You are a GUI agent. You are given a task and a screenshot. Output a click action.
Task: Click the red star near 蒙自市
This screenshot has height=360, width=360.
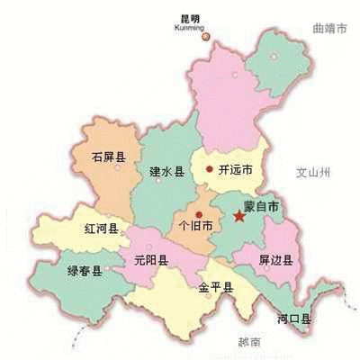pos(239,216)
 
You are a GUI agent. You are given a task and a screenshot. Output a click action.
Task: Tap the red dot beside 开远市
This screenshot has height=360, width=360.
pos(209,168)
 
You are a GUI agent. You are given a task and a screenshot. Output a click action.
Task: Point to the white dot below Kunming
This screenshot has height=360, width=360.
pos(203,36)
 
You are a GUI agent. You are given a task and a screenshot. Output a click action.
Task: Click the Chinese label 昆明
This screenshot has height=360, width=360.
pos(191,18)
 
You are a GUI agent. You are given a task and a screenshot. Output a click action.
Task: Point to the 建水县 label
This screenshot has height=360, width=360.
pos(166,170)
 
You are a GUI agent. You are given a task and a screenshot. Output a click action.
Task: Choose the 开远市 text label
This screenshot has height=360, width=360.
pos(234,169)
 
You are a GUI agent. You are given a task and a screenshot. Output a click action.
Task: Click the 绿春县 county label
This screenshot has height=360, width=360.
pos(85,270)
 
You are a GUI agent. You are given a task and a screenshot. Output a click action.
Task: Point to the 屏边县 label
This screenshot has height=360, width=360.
pos(276,261)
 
